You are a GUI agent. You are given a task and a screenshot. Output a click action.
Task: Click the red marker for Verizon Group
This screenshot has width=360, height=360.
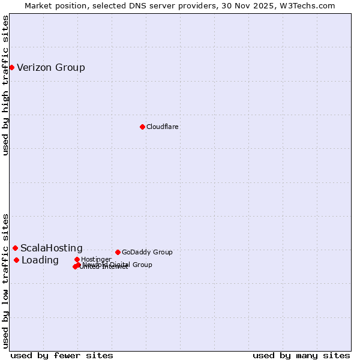[11, 67]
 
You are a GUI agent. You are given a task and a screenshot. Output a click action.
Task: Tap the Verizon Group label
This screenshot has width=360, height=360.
[51, 67]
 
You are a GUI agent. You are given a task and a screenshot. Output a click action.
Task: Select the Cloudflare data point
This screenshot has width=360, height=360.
[142, 127]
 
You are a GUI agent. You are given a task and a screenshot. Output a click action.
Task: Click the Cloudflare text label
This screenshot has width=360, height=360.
[163, 127]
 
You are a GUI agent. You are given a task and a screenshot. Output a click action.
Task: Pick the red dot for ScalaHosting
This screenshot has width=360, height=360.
[15, 248]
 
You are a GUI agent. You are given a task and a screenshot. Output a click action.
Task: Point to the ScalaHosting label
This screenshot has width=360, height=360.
[52, 248]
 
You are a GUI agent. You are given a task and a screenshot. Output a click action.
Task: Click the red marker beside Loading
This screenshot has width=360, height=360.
[16, 260]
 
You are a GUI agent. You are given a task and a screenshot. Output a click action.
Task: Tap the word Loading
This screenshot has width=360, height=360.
[40, 260]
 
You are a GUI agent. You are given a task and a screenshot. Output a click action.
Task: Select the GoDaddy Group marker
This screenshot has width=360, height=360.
[118, 252]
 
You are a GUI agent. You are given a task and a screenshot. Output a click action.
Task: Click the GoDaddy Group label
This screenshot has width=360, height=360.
[147, 252]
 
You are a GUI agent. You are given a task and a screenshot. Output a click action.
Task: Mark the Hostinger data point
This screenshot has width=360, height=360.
[77, 259]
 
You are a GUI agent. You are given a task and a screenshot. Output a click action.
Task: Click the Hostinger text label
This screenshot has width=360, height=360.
[96, 259]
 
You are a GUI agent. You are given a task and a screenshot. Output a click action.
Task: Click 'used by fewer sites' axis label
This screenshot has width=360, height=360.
[62, 355]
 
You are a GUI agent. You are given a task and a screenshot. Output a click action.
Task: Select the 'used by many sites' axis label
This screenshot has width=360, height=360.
[301, 355]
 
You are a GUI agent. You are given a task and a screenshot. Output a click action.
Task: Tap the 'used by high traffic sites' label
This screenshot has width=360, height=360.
[5, 85]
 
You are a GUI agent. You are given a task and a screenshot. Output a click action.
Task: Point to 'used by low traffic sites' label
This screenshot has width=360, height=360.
[5, 281]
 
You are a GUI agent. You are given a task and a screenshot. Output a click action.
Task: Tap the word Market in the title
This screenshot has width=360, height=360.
[38, 5]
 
